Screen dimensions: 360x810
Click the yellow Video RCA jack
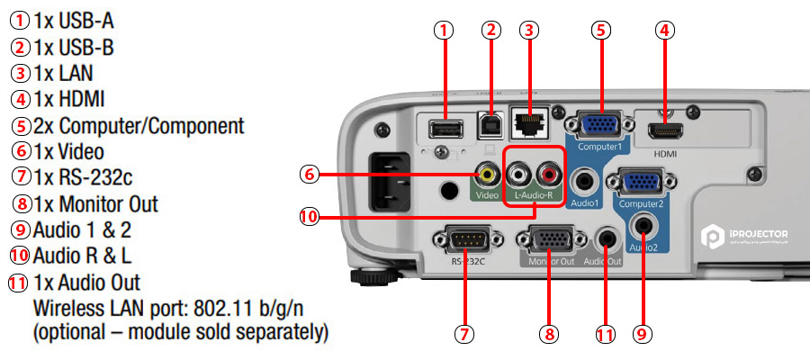487,171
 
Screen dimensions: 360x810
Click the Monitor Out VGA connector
547,241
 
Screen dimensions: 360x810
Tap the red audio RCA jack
548,171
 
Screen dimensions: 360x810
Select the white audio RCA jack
520,171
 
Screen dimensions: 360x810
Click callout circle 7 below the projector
463,334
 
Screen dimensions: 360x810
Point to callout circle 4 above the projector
664,30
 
